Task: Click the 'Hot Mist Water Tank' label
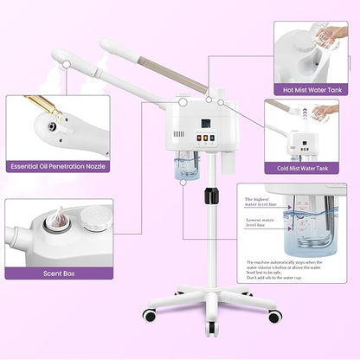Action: coord(311,88)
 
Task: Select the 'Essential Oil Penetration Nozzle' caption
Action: coord(56,166)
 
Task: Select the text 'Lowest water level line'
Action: coord(260,224)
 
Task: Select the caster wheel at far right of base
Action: coord(273,317)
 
